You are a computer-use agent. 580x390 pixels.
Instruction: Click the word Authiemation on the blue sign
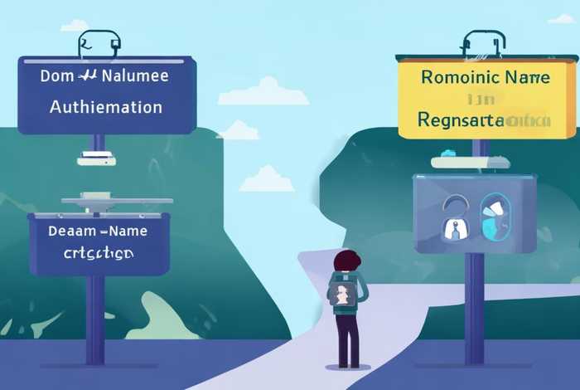tap(106, 107)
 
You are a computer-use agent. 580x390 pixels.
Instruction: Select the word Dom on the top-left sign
tap(57, 76)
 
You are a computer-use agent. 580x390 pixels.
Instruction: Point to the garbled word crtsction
tap(98, 251)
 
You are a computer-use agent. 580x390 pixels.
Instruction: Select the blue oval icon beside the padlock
tap(495, 215)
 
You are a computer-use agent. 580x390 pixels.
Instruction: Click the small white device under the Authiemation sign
tap(96, 158)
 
